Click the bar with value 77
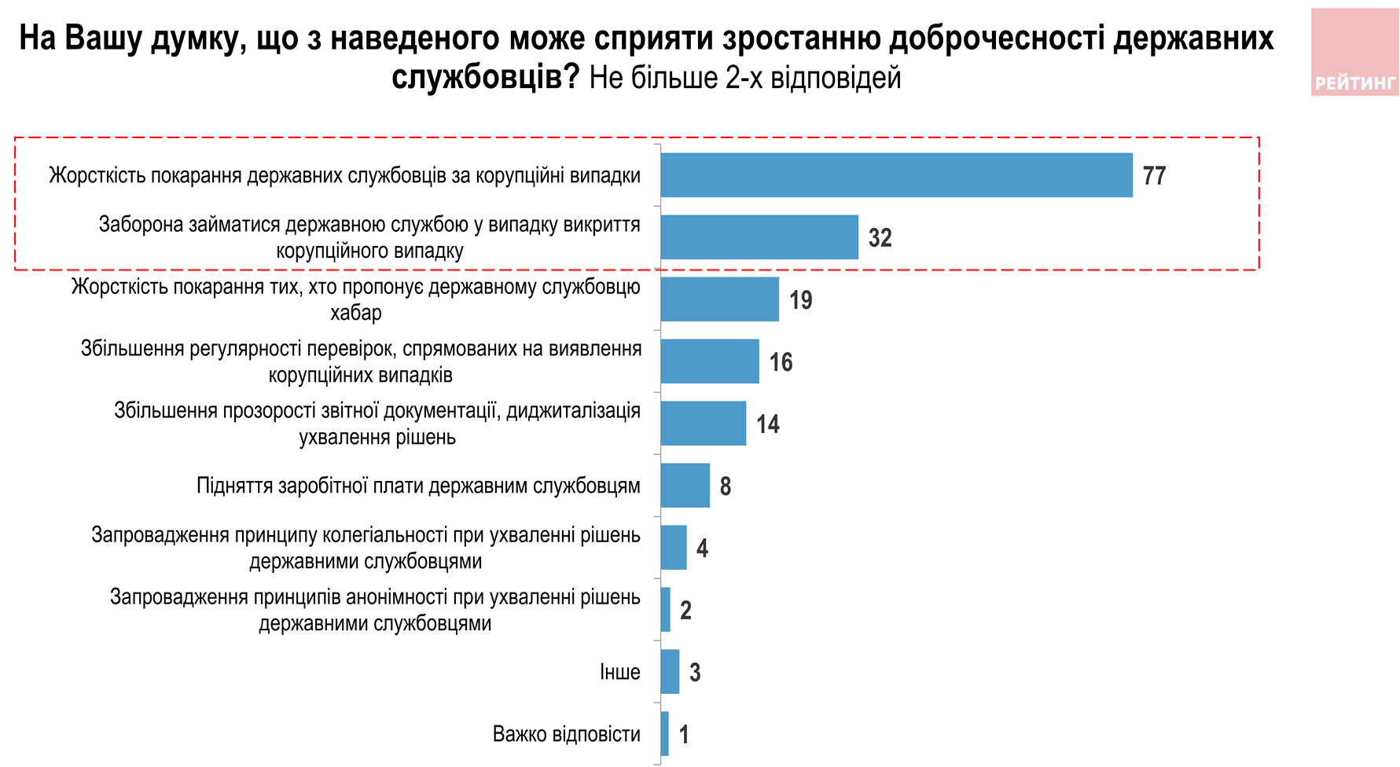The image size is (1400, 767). point(896,175)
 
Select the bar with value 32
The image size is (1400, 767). point(759,237)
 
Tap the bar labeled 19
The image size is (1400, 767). point(719,299)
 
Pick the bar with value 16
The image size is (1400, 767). point(710,361)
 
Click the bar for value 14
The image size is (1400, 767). point(703,424)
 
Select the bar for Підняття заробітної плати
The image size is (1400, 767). point(685,486)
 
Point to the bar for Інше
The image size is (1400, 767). point(670,672)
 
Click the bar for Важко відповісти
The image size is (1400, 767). point(665,734)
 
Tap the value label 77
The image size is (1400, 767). point(1154,175)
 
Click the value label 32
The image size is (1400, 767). point(880,237)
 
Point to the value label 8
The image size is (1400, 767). point(725,486)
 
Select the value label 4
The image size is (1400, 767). point(702,548)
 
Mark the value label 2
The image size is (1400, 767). point(685,610)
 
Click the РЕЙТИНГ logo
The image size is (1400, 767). point(1354,53)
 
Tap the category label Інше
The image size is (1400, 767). point(619,672)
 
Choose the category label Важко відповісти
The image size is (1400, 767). point(566,734)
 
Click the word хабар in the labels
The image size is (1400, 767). point(356,313)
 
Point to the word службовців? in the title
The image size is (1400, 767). point(485,77)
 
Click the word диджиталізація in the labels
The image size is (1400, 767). point(573,410)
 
